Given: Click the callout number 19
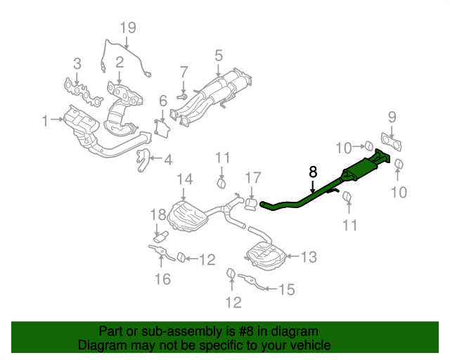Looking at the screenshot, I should [127, 28].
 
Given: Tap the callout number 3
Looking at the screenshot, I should [77, 63].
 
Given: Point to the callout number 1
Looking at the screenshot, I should [46, 121].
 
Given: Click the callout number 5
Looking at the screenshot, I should [219, 55].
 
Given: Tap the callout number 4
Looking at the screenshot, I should [167, 160].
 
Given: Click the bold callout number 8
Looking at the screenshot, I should [313, 171].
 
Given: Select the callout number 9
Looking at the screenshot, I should [392, 116].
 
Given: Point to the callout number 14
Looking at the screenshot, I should [184, 180].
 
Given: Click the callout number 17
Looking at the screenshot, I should [253, 177].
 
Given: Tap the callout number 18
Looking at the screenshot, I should [157, 214].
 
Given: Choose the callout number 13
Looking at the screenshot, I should [309, 257].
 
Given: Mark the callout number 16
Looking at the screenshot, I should [162, 279].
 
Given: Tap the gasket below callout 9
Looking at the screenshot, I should [390, 143].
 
